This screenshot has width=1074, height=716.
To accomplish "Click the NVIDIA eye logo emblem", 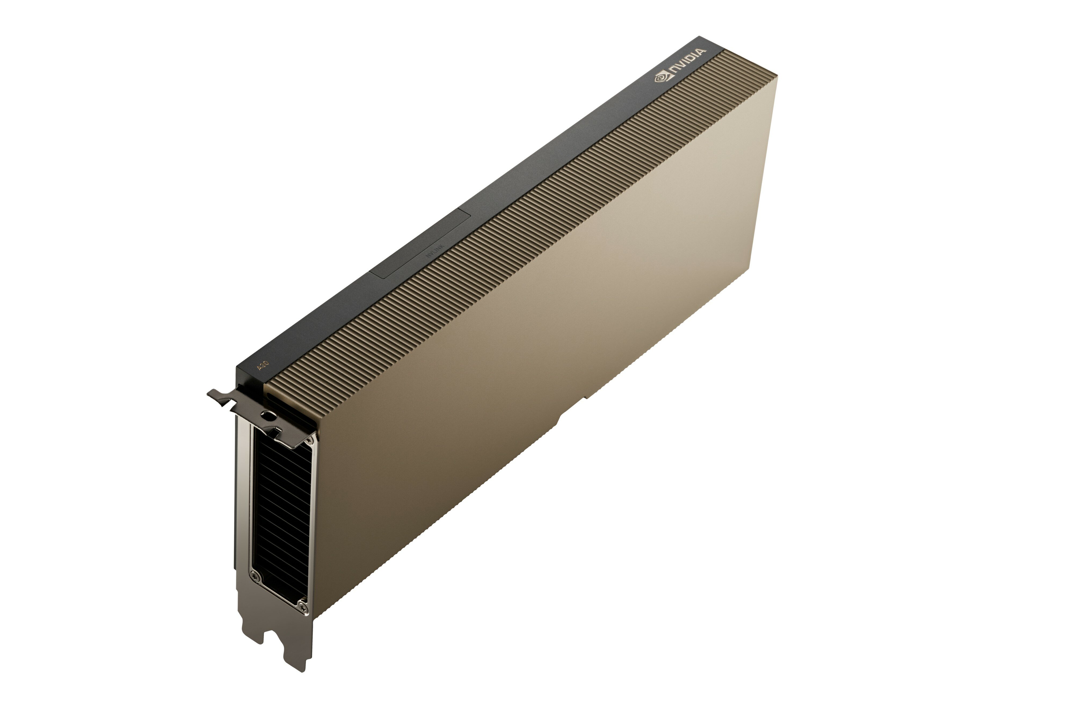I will pos(661,78).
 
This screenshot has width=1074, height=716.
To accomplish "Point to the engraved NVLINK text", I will pos(434,251).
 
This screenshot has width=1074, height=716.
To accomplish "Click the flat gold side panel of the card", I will pos(548,343).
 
